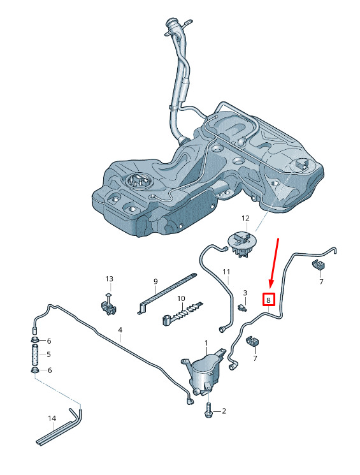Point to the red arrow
[274, 262]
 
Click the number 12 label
[245, 218]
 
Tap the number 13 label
[109, 279]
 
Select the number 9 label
[155, 281]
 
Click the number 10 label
[181, 298]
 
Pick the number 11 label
[226, 272]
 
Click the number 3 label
[245, 293]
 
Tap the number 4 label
[120, 330]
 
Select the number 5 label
[49, 354]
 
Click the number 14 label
[52, 418]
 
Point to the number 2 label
[224, 411]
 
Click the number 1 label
[206, 343]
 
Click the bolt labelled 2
[209, 411]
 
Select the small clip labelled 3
[242, 307]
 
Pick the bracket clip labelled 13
[108, 305]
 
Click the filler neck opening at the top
[173, 24]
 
